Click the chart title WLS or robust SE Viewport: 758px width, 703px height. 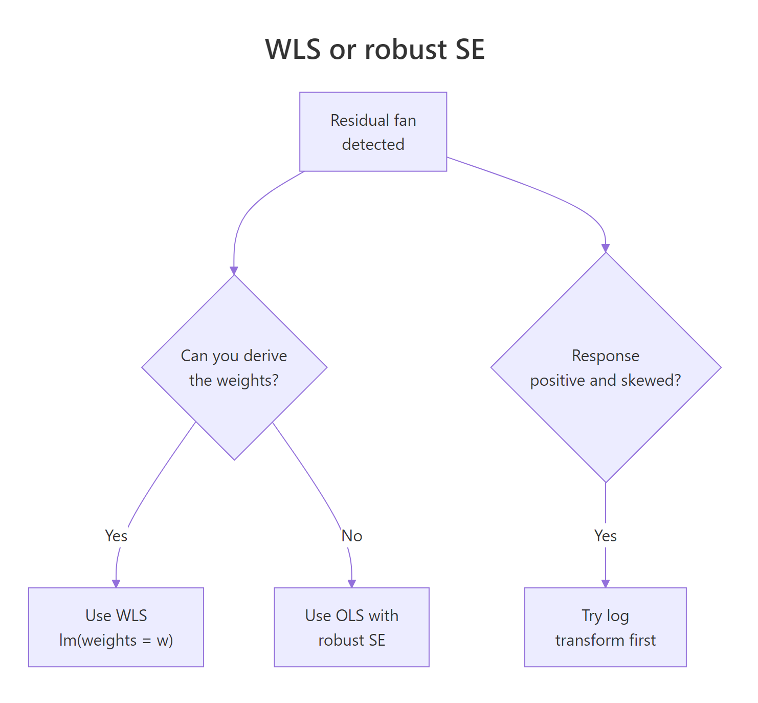(x=374, y=49)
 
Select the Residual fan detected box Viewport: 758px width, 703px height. (x=373, y=131)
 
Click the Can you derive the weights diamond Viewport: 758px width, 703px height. (x=234, y=367)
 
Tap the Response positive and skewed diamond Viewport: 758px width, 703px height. (x=606, y=367)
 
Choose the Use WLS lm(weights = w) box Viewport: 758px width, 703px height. (x=116, y=627)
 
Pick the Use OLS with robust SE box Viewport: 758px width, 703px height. (x=351, y=627)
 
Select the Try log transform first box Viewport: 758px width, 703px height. (x=605, y=627)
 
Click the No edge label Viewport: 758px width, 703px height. (x=352, y=536)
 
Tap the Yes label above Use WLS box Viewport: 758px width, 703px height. (x=116, y=536)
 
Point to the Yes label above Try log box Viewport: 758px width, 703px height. (x=606, y=536)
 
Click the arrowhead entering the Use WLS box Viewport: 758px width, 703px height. (x=116, y=584)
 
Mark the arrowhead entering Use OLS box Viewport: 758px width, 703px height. (x=351, y=584)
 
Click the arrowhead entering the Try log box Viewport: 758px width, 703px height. (x=606, y=584)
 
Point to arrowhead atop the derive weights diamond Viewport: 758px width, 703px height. (x=234, y=271)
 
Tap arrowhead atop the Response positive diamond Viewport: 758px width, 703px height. (x=606, y=248)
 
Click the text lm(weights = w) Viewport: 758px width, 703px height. (x=116, y=640)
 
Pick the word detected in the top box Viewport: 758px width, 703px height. (x=373, y=144)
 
